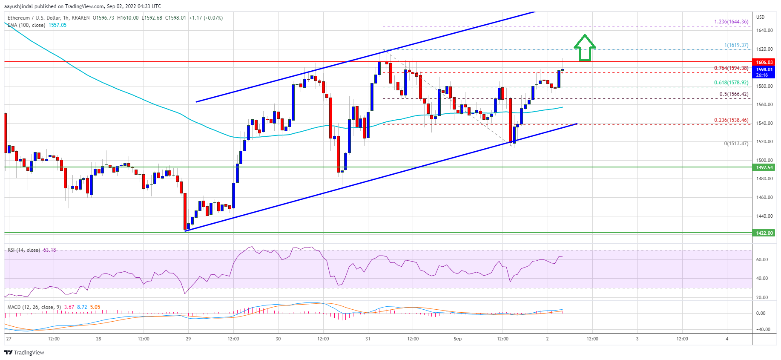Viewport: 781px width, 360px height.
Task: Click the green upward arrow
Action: tap(585, 48)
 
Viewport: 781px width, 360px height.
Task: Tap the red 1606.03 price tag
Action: tap(764, 62)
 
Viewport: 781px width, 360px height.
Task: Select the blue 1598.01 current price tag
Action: tap(764, 69)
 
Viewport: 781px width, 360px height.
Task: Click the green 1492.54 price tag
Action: tap(764, 167)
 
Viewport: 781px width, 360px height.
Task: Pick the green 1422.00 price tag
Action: tap(764, 233)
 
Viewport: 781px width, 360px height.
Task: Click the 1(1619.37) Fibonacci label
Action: tap(736, 45)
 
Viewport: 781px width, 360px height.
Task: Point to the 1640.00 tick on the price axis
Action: tap(764, 30)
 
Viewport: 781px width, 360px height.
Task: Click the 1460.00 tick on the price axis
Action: tap(764, 197)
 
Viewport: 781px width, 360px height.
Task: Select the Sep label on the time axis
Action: tap(457, 339)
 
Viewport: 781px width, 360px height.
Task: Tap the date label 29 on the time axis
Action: tap(188, 339)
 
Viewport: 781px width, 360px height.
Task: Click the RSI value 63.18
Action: tap(49, 250)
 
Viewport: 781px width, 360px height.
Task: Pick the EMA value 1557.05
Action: tap(57, 25)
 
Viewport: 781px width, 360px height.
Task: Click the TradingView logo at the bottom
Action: tap(24, 352)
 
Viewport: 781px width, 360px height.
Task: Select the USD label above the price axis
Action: tap(760, 17)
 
